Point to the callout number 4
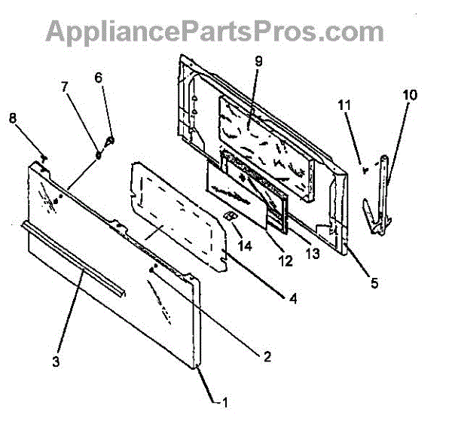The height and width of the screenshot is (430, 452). click(293, 298)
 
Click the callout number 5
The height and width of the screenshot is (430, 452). click(374, 284)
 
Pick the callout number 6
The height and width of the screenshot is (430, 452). click(98, 78)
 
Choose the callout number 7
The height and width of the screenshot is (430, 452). click(65, 87)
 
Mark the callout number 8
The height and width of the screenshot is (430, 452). click(12, 117)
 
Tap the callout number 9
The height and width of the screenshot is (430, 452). click(258, 62)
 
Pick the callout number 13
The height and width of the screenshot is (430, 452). click(312, 255)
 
